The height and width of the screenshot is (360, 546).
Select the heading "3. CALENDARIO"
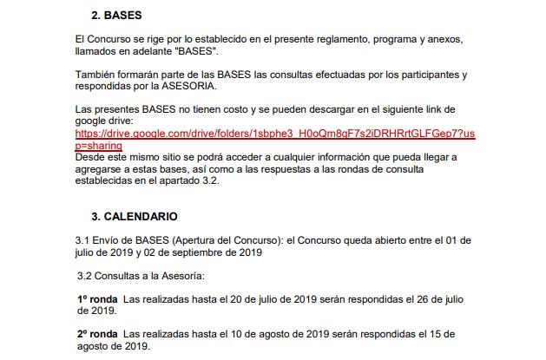click(x=134, y=216)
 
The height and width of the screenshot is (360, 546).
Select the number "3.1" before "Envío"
click(x=83, y=239)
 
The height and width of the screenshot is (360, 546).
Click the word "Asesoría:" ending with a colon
click(x=179, y=276)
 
